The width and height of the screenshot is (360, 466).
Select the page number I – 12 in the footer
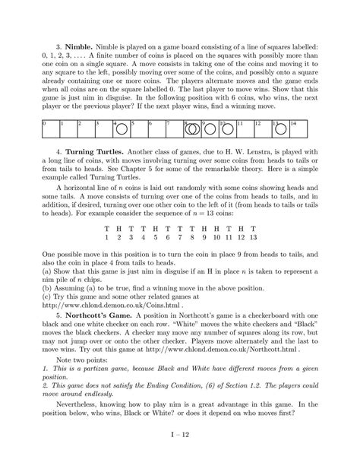180,455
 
